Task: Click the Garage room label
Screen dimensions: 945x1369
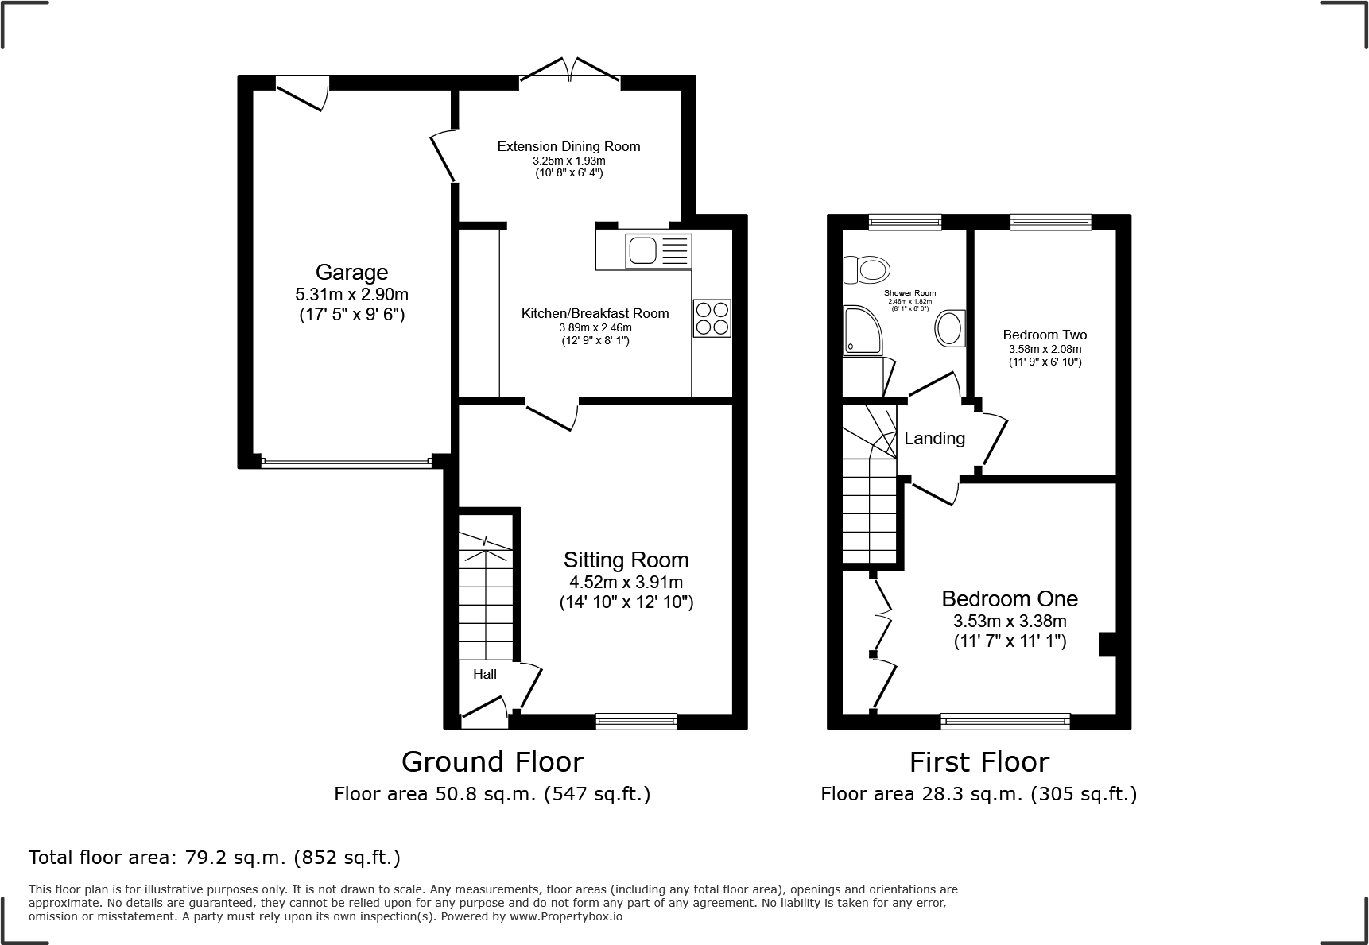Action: click(351, 273)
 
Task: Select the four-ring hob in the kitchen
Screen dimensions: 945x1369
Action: click(712, 318)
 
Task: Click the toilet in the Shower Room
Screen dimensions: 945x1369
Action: click(866, 269)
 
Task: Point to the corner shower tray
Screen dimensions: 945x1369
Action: click(861, 331)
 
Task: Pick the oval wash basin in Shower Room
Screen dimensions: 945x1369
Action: click(950, 327)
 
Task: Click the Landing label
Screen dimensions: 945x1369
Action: click(934, 438)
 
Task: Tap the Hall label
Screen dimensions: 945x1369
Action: click(485, 674)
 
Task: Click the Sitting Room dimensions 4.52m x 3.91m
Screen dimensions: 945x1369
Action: click(626, 583)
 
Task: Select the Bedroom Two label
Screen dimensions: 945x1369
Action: click(1045, 335)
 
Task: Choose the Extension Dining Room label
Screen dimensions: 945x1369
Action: click(568, 146)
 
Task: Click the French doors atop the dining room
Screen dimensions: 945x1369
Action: click(569, 72)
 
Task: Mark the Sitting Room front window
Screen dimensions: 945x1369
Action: click(636, 721)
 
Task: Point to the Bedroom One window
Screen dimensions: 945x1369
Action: click(1005, 721)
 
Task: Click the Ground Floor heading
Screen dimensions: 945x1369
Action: click(492, 761)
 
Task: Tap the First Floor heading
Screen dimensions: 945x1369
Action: click(979, 762)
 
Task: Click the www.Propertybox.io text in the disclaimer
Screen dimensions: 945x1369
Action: click(566, 916)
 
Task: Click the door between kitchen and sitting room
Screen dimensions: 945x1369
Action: click(551, 415)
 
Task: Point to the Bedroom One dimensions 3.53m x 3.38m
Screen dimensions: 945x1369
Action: click(1010, 622)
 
